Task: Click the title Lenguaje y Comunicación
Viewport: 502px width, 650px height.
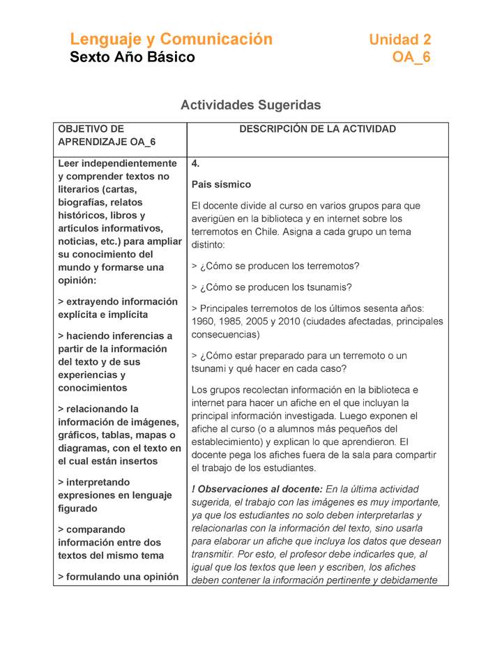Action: tap(171, 39)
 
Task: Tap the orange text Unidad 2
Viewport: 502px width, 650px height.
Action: tap(400, 40)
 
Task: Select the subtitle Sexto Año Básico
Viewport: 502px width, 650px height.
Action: tap(132, 57)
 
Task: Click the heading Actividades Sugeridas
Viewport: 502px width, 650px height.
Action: tap(250, 105)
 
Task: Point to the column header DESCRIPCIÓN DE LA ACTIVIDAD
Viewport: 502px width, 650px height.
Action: tap(317, 129)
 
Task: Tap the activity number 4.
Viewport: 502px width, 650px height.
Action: tap(196, 164)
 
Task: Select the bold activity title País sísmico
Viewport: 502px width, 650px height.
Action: tap(221, 185)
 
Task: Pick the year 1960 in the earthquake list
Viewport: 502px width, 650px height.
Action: tap(204, 322)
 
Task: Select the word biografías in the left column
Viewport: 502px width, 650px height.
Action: tap(82, 202)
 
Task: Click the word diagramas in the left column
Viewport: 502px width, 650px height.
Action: tap(86, 448)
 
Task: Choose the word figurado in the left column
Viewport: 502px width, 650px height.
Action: tap(79, 508)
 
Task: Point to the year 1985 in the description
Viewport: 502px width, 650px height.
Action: tap(231, 322)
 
